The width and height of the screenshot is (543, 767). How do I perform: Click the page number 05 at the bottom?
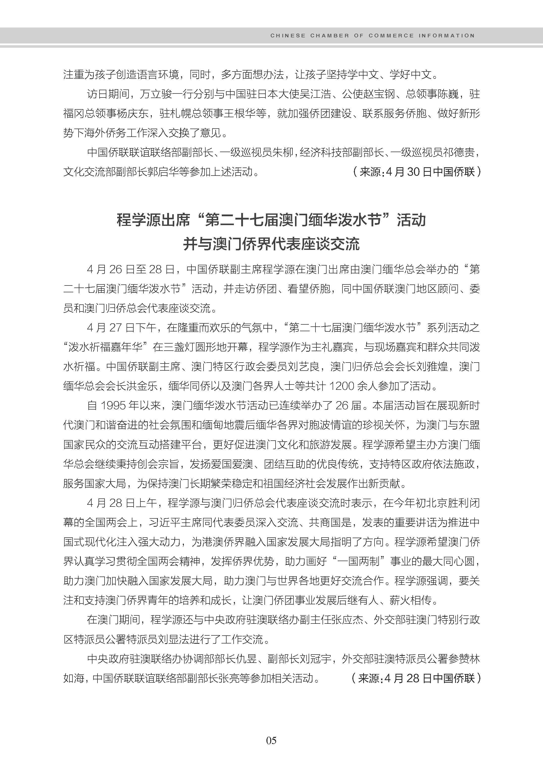(x=271, y=740)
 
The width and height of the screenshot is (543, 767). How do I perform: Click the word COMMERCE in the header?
(x=391, y=35)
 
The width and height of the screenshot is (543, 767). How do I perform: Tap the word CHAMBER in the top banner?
(x=329, y=35)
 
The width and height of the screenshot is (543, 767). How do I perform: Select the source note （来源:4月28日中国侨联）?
(x=416, y=678)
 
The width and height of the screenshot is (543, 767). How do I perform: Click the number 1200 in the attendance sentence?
(x=342, y=386)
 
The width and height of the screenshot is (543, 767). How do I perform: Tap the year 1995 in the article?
(x=114, y=405)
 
